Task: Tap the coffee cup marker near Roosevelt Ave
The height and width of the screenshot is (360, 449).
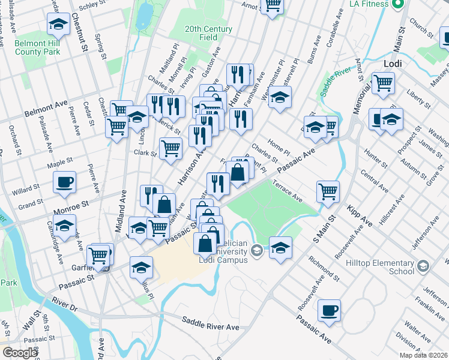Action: point(329,310)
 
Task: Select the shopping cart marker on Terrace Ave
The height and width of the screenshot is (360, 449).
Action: point(328,191)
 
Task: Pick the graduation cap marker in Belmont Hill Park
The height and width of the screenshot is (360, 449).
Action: point(58,25)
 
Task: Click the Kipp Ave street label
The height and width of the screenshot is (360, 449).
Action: point(360,217)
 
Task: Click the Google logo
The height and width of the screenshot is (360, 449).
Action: point(20,353)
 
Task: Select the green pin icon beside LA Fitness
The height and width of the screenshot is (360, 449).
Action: point(397,5)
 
